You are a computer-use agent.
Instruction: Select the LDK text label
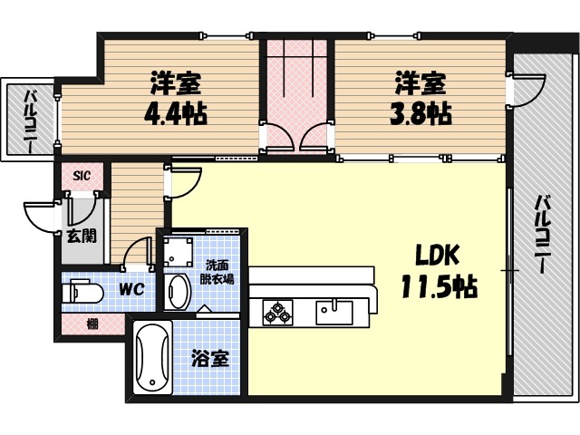[439, 255]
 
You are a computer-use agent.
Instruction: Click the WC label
[133, 292]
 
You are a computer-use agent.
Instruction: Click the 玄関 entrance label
[78, 237]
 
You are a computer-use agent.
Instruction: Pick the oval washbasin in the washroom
[179, 292]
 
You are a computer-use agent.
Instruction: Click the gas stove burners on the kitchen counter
[277, 313]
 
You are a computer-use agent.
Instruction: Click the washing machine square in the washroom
[177, 250]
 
